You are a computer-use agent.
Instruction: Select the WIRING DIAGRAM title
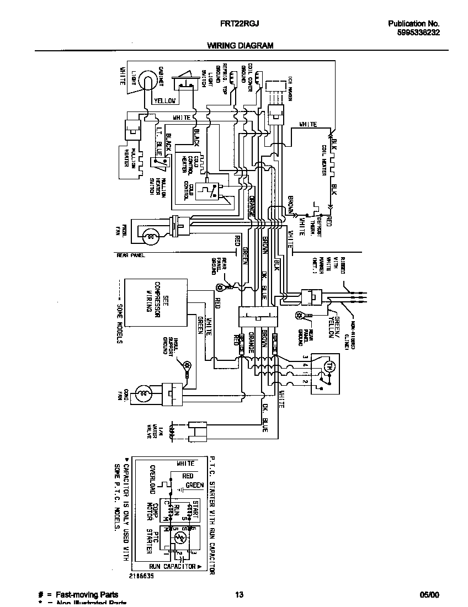[240, 46]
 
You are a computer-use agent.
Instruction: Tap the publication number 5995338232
[418, 33]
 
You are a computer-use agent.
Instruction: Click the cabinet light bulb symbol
[147, 80]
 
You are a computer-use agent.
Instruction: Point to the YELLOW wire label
[164, 101]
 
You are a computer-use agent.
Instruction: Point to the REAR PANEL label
[129, 255]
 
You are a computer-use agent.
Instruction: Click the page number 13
[239, 594]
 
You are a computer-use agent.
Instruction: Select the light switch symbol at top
[184, 83]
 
